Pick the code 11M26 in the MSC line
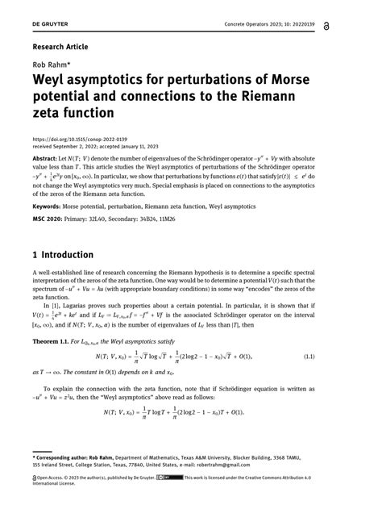click(x=189, y=219)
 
